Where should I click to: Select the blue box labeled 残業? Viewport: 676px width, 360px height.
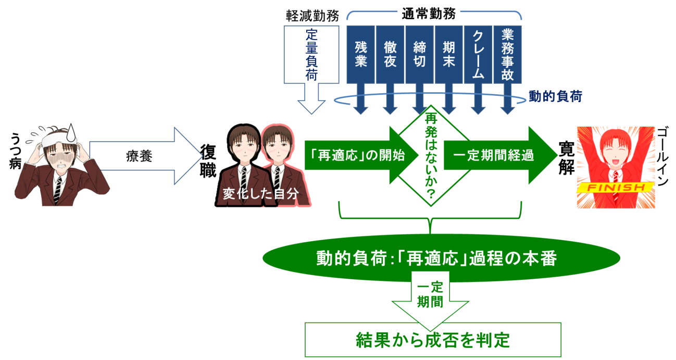(x=361, y=54)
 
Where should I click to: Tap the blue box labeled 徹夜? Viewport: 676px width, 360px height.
(x=390, y=54)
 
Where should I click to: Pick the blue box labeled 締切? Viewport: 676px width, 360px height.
(x=419, y=54)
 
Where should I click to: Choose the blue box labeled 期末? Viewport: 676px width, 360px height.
(x=448, y=54)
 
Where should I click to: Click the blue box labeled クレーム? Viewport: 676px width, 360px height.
(x=478, y=54)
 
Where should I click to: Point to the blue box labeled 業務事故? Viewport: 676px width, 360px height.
(x=507, y=54)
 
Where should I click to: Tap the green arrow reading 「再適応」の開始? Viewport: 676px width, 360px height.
(x=354, y=155)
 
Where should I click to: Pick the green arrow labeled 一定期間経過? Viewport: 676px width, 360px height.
(x=495, y=155)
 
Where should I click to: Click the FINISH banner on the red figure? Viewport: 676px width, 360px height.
(x=615, y=187)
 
